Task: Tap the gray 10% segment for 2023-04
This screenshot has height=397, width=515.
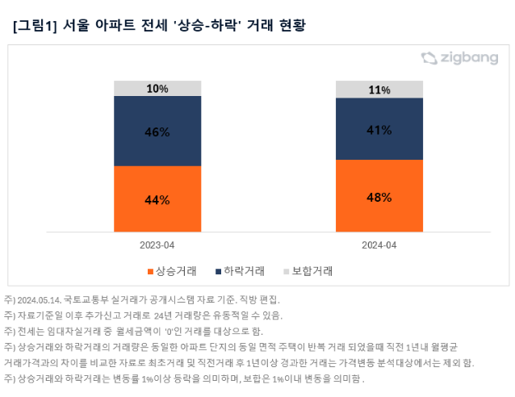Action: pos(157,89)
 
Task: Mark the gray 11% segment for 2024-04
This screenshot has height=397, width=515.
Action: pos(379,90)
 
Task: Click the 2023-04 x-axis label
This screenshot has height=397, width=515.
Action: pos(157,244)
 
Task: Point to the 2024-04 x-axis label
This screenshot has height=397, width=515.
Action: pos(379,244)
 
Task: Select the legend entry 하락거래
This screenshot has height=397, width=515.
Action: pos(245,270)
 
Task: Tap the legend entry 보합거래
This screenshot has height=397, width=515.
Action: pos(311,270)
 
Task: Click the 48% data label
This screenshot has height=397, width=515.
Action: pos(379,197)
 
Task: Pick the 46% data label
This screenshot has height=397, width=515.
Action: pos(157,132)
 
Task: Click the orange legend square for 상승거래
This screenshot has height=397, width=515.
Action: pos(150,271)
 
